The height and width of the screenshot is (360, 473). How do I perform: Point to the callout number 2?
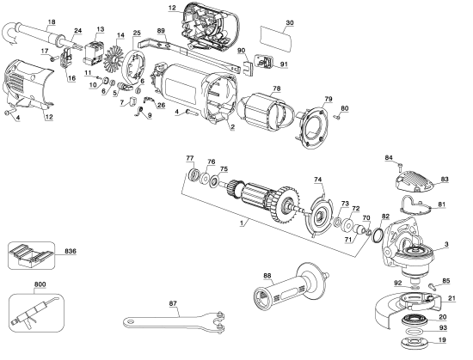pos(231,125)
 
